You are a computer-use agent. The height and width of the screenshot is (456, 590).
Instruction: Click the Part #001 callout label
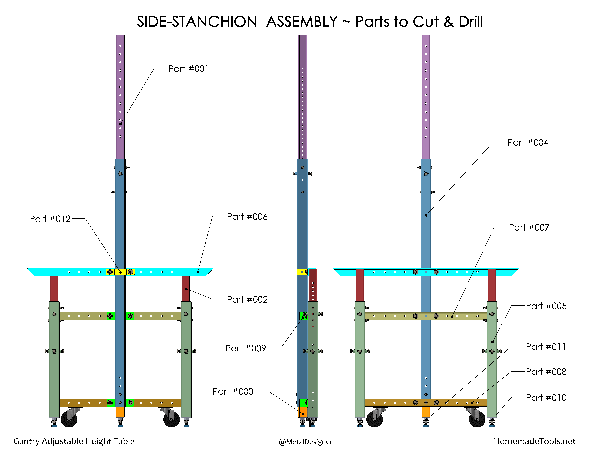189,69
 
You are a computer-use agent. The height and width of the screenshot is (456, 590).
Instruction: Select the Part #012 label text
50,219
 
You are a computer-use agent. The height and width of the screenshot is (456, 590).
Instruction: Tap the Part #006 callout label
247,217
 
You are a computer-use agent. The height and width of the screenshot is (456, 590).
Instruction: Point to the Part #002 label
247,300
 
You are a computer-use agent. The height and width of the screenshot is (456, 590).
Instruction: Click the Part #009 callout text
246,348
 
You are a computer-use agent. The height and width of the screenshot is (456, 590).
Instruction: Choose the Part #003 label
233,391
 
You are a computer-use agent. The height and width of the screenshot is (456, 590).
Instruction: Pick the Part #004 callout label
528,142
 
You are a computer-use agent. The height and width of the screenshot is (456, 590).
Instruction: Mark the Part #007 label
529,227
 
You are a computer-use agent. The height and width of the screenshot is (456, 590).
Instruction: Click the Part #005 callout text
546,306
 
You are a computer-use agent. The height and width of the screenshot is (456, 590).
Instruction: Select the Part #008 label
546,372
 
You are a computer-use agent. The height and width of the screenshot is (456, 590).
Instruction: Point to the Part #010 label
546,398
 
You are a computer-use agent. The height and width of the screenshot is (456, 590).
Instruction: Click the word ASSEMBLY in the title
302,22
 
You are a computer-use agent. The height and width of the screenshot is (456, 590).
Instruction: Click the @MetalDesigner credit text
306,442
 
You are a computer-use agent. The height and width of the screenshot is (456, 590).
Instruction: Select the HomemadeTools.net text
535,441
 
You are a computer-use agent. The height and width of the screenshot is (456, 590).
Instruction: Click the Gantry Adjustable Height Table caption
74,441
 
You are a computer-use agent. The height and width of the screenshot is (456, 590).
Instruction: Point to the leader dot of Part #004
426,215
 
